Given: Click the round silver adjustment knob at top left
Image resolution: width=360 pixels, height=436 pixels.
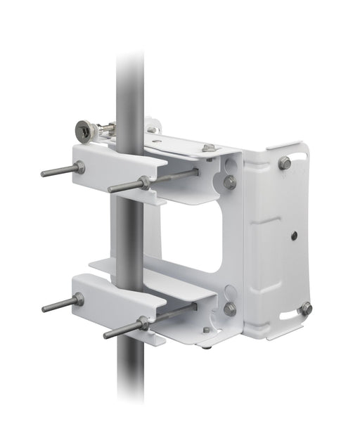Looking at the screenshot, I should (x=86, y=129).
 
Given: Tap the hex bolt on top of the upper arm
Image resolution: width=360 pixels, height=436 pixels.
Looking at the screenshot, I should (x=208, y=148).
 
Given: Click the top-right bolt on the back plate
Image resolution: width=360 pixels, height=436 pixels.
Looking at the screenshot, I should (x=284, y=163).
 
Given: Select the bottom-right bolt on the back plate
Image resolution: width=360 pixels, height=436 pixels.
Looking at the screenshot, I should (x=304, y=308).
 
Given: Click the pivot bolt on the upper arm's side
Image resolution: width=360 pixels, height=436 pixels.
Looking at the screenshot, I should (x=229, y=181).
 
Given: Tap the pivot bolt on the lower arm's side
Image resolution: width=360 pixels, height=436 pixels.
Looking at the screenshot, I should (x=229, y=308).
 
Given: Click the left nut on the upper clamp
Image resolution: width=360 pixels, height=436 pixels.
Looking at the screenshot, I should (x=79, y=167).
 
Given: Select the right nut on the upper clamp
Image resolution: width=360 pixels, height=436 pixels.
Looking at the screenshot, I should (x=144, y=182).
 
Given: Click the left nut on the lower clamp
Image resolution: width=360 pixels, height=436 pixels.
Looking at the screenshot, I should (x=78, y=300).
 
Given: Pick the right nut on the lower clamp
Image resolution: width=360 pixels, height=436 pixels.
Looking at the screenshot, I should (x=143, y=323).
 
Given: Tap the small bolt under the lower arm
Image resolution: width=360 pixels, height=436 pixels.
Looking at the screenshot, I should (x=206, y=330).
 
